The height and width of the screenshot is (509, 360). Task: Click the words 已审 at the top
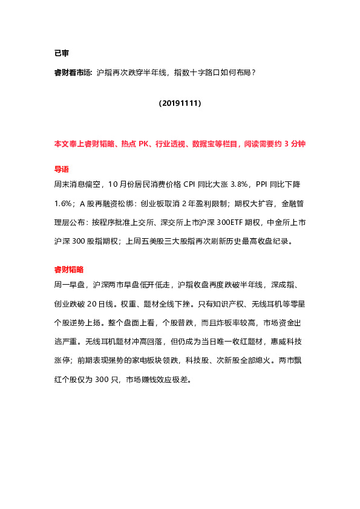(x=62, y=53)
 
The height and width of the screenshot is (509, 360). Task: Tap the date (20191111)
(x=180, y=103)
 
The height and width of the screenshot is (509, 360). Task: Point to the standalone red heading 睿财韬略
(x=69, y=269)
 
